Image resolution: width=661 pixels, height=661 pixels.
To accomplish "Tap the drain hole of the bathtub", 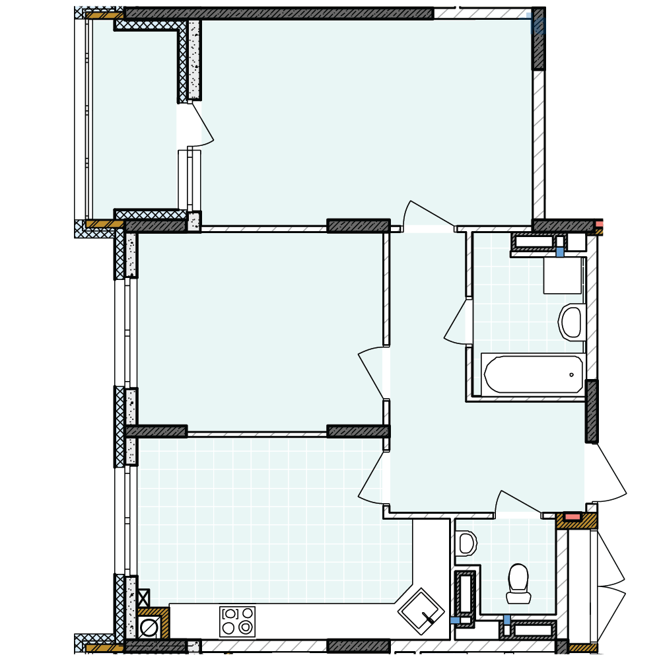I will click(x=572, y=374).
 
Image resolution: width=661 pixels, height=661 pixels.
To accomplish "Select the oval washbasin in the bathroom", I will click(x=571, y=322).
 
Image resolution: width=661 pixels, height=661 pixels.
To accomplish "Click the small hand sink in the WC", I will click(x=466, y=543).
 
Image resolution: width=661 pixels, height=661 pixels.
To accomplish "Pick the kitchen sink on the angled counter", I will click(x=421, y=611).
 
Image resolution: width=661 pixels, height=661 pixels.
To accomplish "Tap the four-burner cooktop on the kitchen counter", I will click(x=238, y=621).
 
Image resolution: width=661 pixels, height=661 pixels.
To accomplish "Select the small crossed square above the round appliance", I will click(x=143, y=598).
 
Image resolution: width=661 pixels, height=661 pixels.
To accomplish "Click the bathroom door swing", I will click(x=458, y=322).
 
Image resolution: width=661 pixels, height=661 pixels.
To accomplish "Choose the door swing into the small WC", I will click(x=517, y=504).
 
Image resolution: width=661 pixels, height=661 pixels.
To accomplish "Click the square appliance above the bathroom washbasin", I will click(x=562, y=275).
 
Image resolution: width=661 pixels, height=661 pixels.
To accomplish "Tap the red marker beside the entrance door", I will click(x=573, y=516).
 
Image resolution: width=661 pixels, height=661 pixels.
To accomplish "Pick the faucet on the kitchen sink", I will click(x=428, y=619).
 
